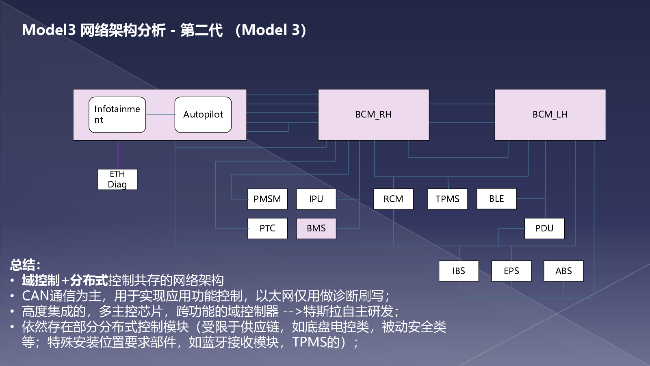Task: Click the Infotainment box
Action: pyautogui.click(x=117, y=115)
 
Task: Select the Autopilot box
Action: pyautogui.click(x=203, y=115)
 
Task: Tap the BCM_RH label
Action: pyautogui.click(x=373, y=114)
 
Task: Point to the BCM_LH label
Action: pyautogui.click(x=550, y=114)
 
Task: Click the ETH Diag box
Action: pyautogui.click(x=117, y=179)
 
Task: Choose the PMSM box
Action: pyautogui.click(x=267, y=199)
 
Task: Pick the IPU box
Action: pyautogui.click(x=316, y=199)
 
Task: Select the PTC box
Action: pyautogui.click(x=267, y=228)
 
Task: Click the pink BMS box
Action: pyautogui.click(x=316, y=228)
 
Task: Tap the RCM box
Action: pyautogui.click(x=393, y=199)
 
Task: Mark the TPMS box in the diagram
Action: pyautogui.click(x=447, y=199)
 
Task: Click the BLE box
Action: pyautogui.click(x=496, y=199)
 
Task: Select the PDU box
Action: pyautogui.click(x=544, y=228)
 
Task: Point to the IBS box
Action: pyautogui.click(x=459, y=271)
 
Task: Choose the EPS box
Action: pyautogui.click(x=511, y=271)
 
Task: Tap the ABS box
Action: pyautogui.click(x=563, y=271)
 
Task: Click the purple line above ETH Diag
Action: pyautogui.click(x=118, y=155)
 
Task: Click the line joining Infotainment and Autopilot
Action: pyautogui.click(x=160, y=115)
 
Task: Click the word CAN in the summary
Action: pyautogui.click(x=35, y=296)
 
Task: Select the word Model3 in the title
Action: pyautogui.click(x=49, y=30)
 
